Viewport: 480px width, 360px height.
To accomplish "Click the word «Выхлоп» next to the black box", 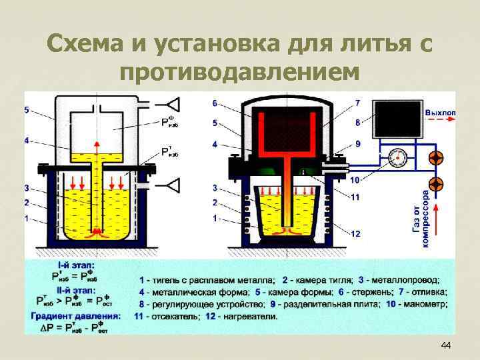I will (x=441, y=113).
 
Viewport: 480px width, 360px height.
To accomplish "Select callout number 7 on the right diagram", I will (x=358, y=103).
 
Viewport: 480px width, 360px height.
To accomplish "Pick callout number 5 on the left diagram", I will (x=27, y=109).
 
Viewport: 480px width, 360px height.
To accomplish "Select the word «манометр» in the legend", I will (x=425, y=303).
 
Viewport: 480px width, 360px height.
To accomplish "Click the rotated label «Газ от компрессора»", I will (x=426, y=216).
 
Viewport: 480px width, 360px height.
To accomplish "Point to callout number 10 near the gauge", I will (x=355, y=179).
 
